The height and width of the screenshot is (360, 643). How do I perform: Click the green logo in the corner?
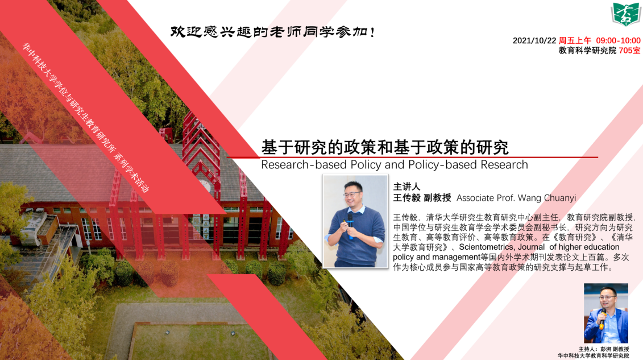pyautogui.click(x=626, y=14)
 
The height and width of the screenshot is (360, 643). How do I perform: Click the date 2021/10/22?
pyautogui.click(x=534, y=40)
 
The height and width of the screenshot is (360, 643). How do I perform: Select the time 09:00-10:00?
pyautogui.click(x=618, y=40)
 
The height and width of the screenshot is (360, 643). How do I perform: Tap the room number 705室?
pyautogui.click(x=629, y=51)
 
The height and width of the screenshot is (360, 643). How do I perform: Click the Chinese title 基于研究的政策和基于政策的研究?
pyautogui.click(x=385, y=147)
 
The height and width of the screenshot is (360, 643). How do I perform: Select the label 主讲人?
pyautogui.click(x=406, y=187)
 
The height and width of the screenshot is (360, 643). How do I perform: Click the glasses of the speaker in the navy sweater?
pyautogui.click(x=353, y=194)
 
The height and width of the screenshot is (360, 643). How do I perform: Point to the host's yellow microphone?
pyautogui.click(x=603, y=318)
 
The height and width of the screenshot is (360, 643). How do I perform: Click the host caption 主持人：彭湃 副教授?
pyautogui.click(x=603, y=349)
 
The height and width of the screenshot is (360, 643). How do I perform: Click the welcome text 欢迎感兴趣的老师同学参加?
pyautogui.click(x=272, y=32)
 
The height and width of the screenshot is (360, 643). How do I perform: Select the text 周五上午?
pyautogui.click(x=575, y=40)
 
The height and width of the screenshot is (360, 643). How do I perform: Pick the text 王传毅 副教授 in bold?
pyautogui.click(x=422, y=198)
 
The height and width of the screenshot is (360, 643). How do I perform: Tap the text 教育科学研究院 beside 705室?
pyautogui.click(x=587, y=51)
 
